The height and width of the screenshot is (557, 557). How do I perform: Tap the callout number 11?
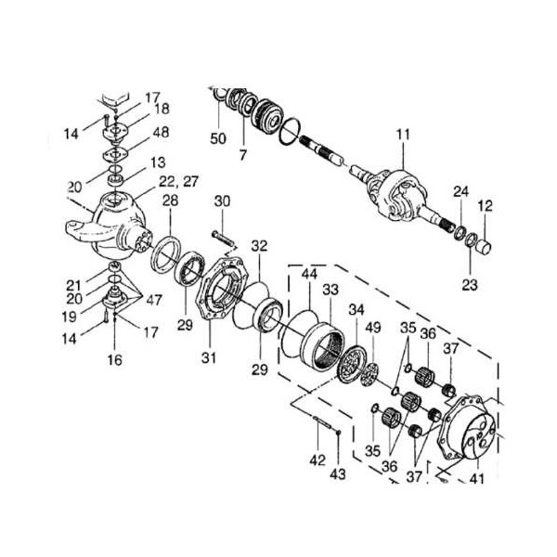click(401, 135)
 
